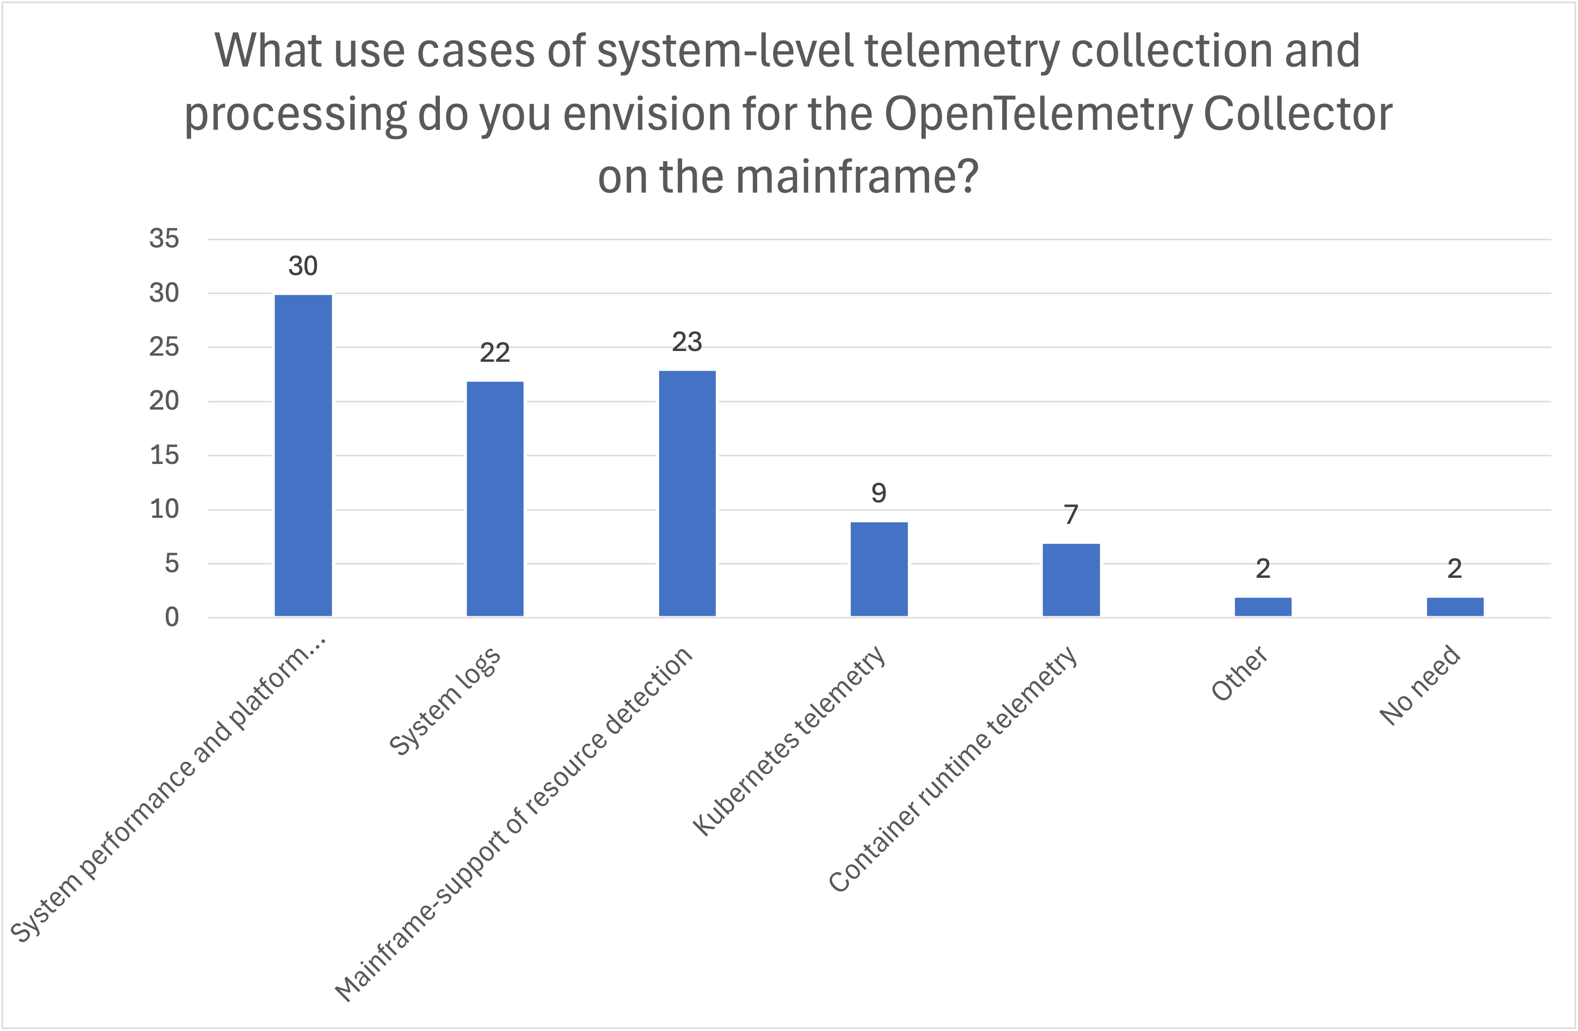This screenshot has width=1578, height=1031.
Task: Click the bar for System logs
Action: pyautogui.click(x=495, y=499)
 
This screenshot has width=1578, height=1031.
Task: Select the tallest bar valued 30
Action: pyautogui.click(x=303, y=456)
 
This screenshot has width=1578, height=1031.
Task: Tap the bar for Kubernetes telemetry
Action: pyautogui.click(x=878, y=569)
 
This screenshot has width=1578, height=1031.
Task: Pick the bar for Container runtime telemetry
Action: pyautogui.click(x=1071, y=580)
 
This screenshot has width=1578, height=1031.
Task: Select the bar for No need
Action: pyautogui.click(x=1455, y=607)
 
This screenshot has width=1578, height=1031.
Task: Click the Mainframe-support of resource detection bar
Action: pyautogui.click(x=687, y=493)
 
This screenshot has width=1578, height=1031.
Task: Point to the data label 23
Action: pyautogui.click(x=687, y=342)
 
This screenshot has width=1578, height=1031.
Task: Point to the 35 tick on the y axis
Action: pyautogui.click(x=164, y=239)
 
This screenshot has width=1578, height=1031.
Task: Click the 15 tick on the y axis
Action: pyautogui.click(x=164, y=456)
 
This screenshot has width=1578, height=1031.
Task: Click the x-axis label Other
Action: pyautogui.click(x=1238, y=673)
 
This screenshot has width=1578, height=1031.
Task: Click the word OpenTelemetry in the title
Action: pyautogui.click(x=1039, y=114)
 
